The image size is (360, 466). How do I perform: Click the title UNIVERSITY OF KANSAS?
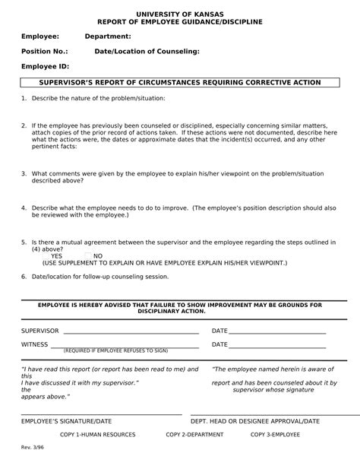(x=179, y=14)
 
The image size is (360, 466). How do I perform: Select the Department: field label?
(x=108, y=36)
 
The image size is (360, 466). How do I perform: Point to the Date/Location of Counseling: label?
(x=147, y=52)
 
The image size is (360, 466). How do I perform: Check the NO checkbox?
(x=88, y=256)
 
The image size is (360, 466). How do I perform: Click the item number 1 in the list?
(x=24, y=99)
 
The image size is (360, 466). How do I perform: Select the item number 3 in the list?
(x=24, y=173)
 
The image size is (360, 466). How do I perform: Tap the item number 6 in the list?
(x=24, y=277)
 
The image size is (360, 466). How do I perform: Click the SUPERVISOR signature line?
(x=131, y=332)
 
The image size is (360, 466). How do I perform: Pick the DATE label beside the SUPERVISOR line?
(x=219, y=331)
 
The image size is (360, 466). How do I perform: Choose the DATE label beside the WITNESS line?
(x=219, y=345)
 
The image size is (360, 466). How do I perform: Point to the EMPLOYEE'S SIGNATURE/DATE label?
(x=66, y=420)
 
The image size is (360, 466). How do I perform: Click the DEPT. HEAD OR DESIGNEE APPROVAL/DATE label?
(x=254, y=420)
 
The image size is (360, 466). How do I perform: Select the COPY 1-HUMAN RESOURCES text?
(x=97, y=435)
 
